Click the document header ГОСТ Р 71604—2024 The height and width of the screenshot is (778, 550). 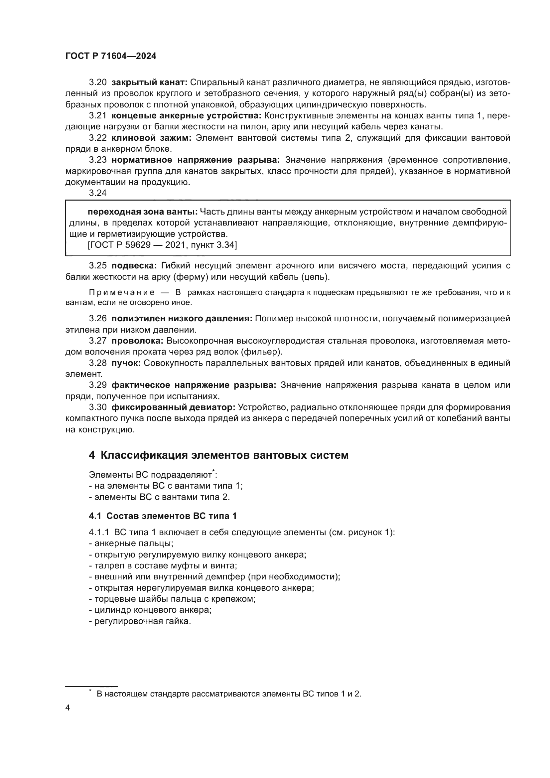point(111,56)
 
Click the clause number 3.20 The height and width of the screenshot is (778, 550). point(97,82)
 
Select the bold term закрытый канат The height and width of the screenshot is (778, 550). point(149,82)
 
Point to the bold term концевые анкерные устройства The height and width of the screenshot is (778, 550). point(186,115)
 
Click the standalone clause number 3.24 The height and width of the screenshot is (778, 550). point(97,193)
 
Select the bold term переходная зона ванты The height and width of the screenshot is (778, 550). point(142,212)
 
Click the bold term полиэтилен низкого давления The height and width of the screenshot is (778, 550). point(182,319)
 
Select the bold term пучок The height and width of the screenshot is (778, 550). point(126,363)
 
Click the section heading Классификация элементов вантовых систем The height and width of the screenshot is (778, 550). point(224,455)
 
